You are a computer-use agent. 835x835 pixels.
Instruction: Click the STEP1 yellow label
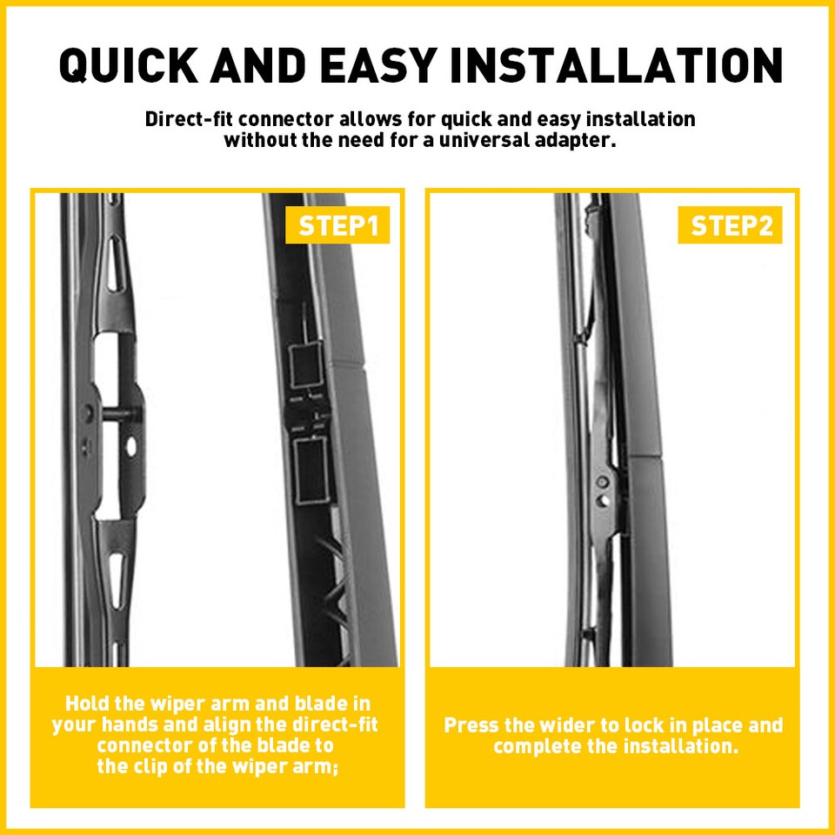point(338,226)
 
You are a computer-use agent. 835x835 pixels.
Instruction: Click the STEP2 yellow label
point(731,226)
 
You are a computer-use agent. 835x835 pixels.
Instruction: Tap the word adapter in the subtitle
point(578,140)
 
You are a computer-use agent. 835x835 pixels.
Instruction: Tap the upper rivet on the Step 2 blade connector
point(601,481)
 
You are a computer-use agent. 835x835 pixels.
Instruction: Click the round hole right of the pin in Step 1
point(131,446)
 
